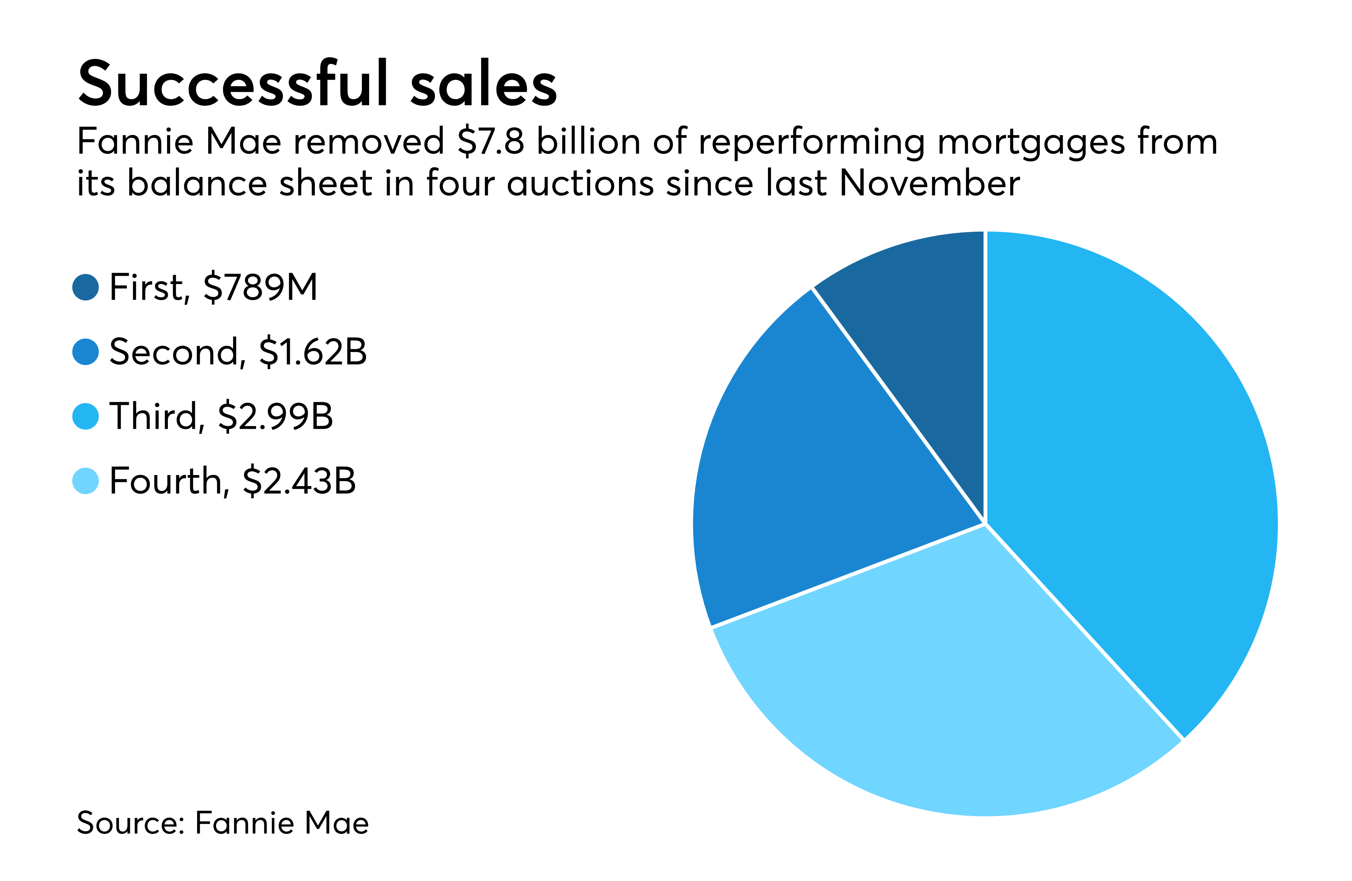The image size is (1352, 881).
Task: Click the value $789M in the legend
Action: click(260, 287)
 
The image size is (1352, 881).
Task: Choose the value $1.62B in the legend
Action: click(313, 352)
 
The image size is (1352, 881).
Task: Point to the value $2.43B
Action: click(299, 482)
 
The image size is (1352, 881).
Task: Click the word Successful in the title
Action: click(233, 84)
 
